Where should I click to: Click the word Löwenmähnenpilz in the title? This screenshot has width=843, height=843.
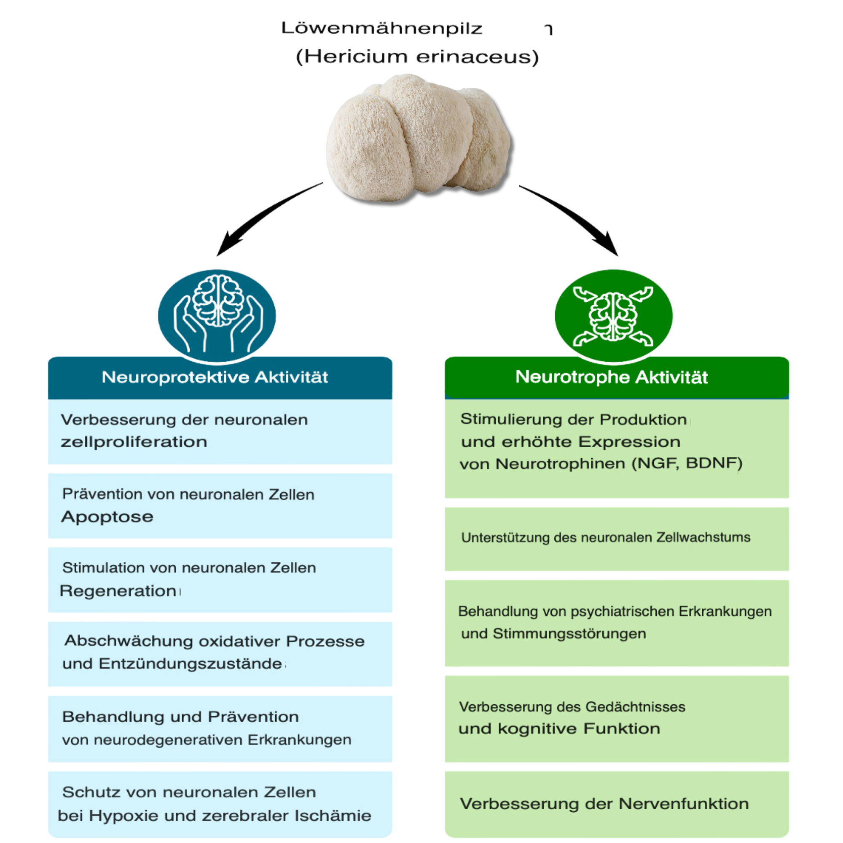(381, 28)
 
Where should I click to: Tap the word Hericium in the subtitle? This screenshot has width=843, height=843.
(356, 57)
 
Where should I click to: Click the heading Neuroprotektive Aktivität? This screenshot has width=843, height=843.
(215, 377)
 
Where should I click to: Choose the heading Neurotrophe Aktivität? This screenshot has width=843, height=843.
(611, 377)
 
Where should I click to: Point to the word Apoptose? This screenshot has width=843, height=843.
(107, 517)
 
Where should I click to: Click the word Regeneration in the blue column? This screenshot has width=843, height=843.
(118, 591)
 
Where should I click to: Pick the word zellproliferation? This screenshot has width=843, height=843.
(134, 442)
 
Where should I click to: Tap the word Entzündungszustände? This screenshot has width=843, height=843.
(190, 664)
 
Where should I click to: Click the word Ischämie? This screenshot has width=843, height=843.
(333, 816)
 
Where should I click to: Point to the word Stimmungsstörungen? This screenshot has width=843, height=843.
(569, 634)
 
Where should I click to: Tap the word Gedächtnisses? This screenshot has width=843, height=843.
(635, 706)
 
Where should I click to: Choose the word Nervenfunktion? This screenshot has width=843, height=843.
(683, 804)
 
